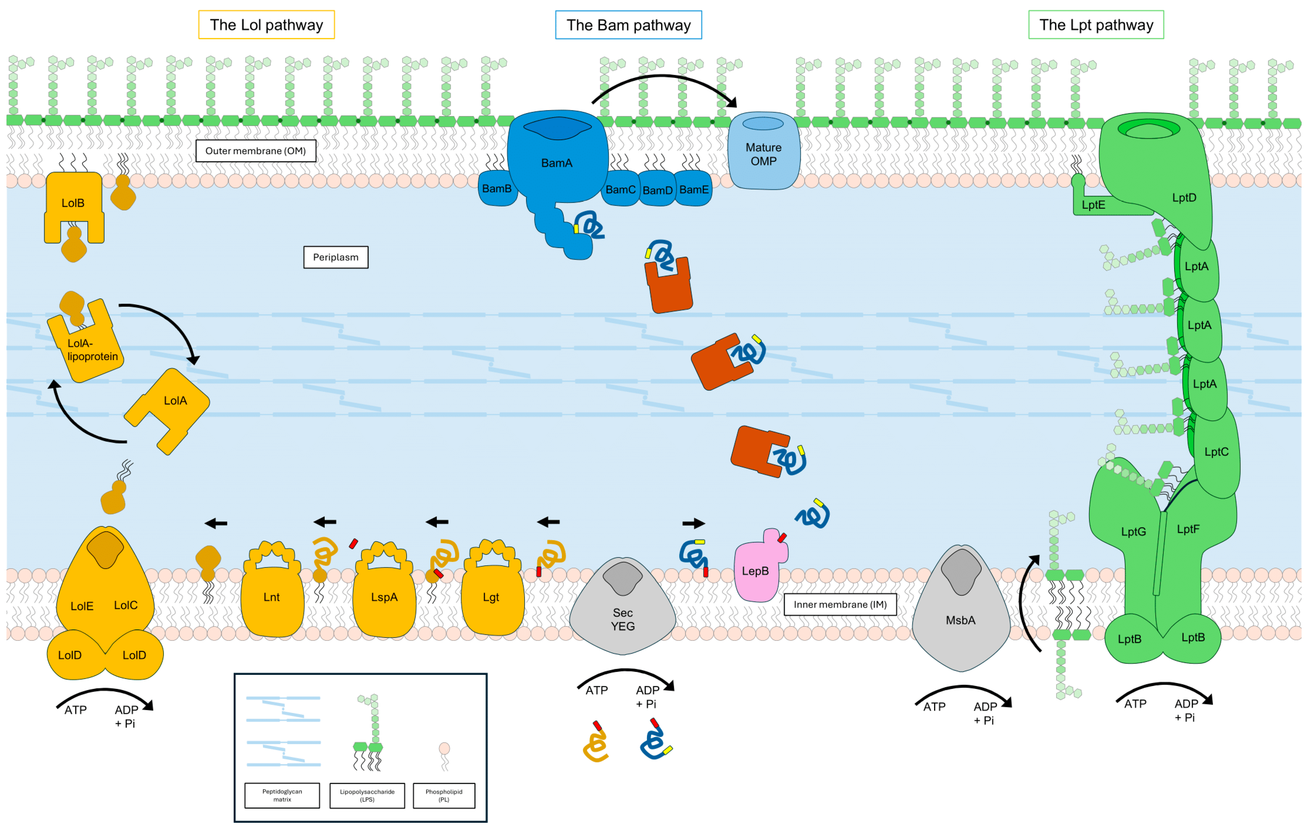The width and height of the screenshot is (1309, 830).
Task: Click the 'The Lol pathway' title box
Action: (x=266, y=25)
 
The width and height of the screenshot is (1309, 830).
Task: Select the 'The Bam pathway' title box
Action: (x=628, y=25)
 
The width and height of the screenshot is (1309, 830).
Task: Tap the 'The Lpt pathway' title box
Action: (x=1096, y=25)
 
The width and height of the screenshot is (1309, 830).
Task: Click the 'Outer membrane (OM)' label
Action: (x=255, y=151)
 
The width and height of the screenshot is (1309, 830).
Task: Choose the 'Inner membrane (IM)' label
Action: (x=840, y=604)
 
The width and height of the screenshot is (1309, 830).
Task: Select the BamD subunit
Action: (x=657, y=190)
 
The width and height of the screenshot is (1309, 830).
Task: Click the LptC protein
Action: (x=1216, y=452)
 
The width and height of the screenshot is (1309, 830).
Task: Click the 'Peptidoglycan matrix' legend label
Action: (x=282, y=795)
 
